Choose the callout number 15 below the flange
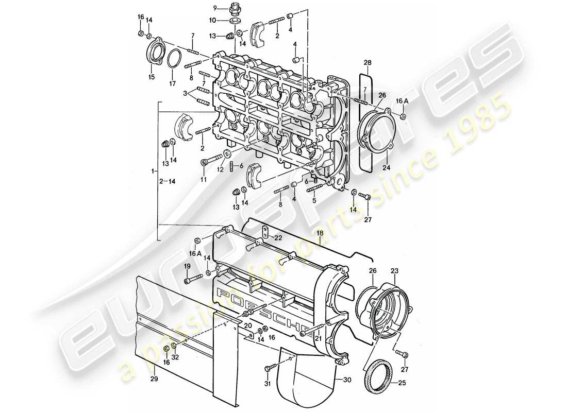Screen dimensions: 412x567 click(152, 77)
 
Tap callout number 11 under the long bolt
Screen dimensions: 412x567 click(203, 179)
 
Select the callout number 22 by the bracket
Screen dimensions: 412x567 click(278, 237)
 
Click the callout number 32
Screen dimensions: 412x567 click(175, 357)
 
